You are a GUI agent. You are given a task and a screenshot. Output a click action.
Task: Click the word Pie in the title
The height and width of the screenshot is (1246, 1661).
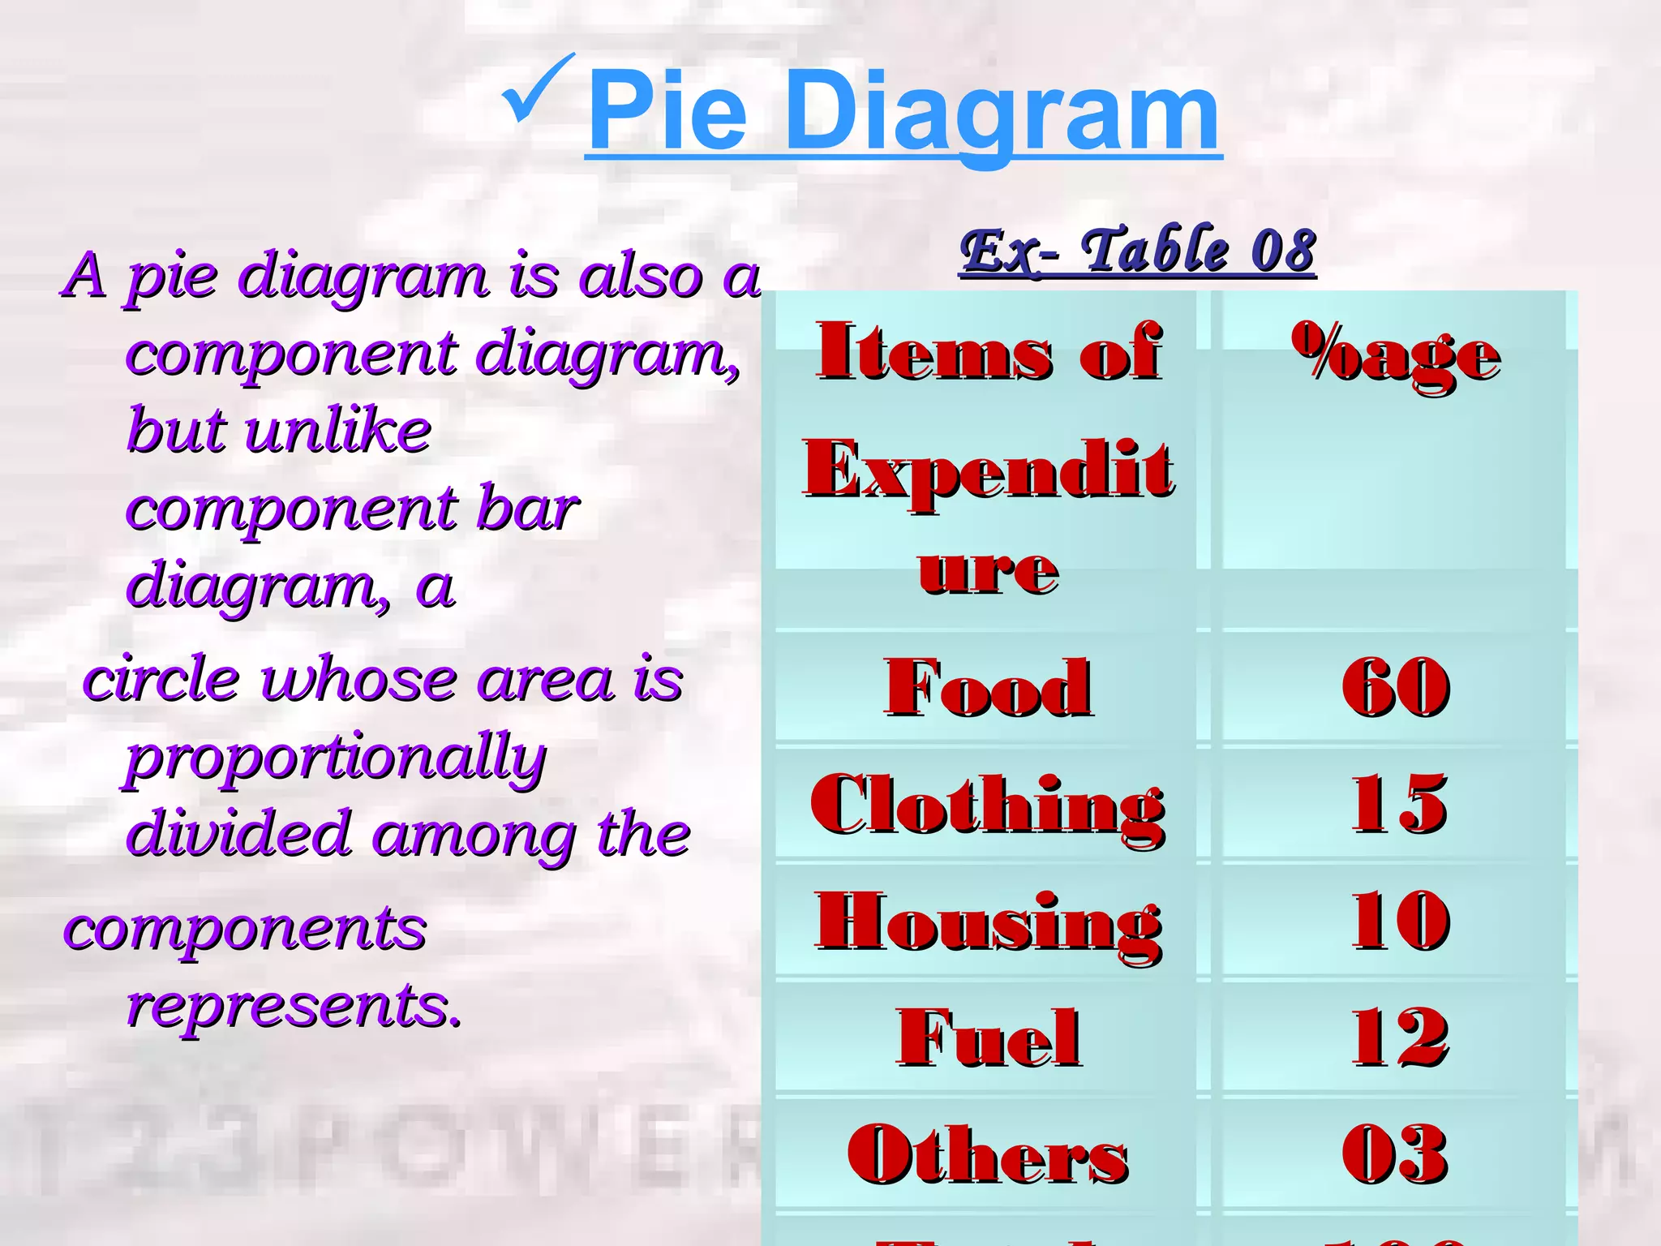click(667, 111)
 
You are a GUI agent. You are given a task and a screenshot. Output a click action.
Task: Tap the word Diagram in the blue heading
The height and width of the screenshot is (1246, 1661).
click(1002, 114)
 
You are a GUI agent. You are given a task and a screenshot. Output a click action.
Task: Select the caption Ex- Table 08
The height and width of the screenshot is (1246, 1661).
click(1137, 251)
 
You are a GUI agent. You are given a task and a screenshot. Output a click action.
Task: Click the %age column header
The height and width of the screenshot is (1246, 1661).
click(1396, 355)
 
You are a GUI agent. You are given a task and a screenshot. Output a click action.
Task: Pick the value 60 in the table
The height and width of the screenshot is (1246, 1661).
click(1396, 687)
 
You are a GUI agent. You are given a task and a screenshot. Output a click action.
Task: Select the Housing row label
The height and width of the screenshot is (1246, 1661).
click(988, 922)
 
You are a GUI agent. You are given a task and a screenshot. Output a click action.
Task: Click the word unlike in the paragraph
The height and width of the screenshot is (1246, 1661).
click(338, 430)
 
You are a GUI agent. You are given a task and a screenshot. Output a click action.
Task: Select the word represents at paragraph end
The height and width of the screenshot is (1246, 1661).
click(294, 1007)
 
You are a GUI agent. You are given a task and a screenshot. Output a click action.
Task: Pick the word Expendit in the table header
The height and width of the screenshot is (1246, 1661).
click(988, 470)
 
